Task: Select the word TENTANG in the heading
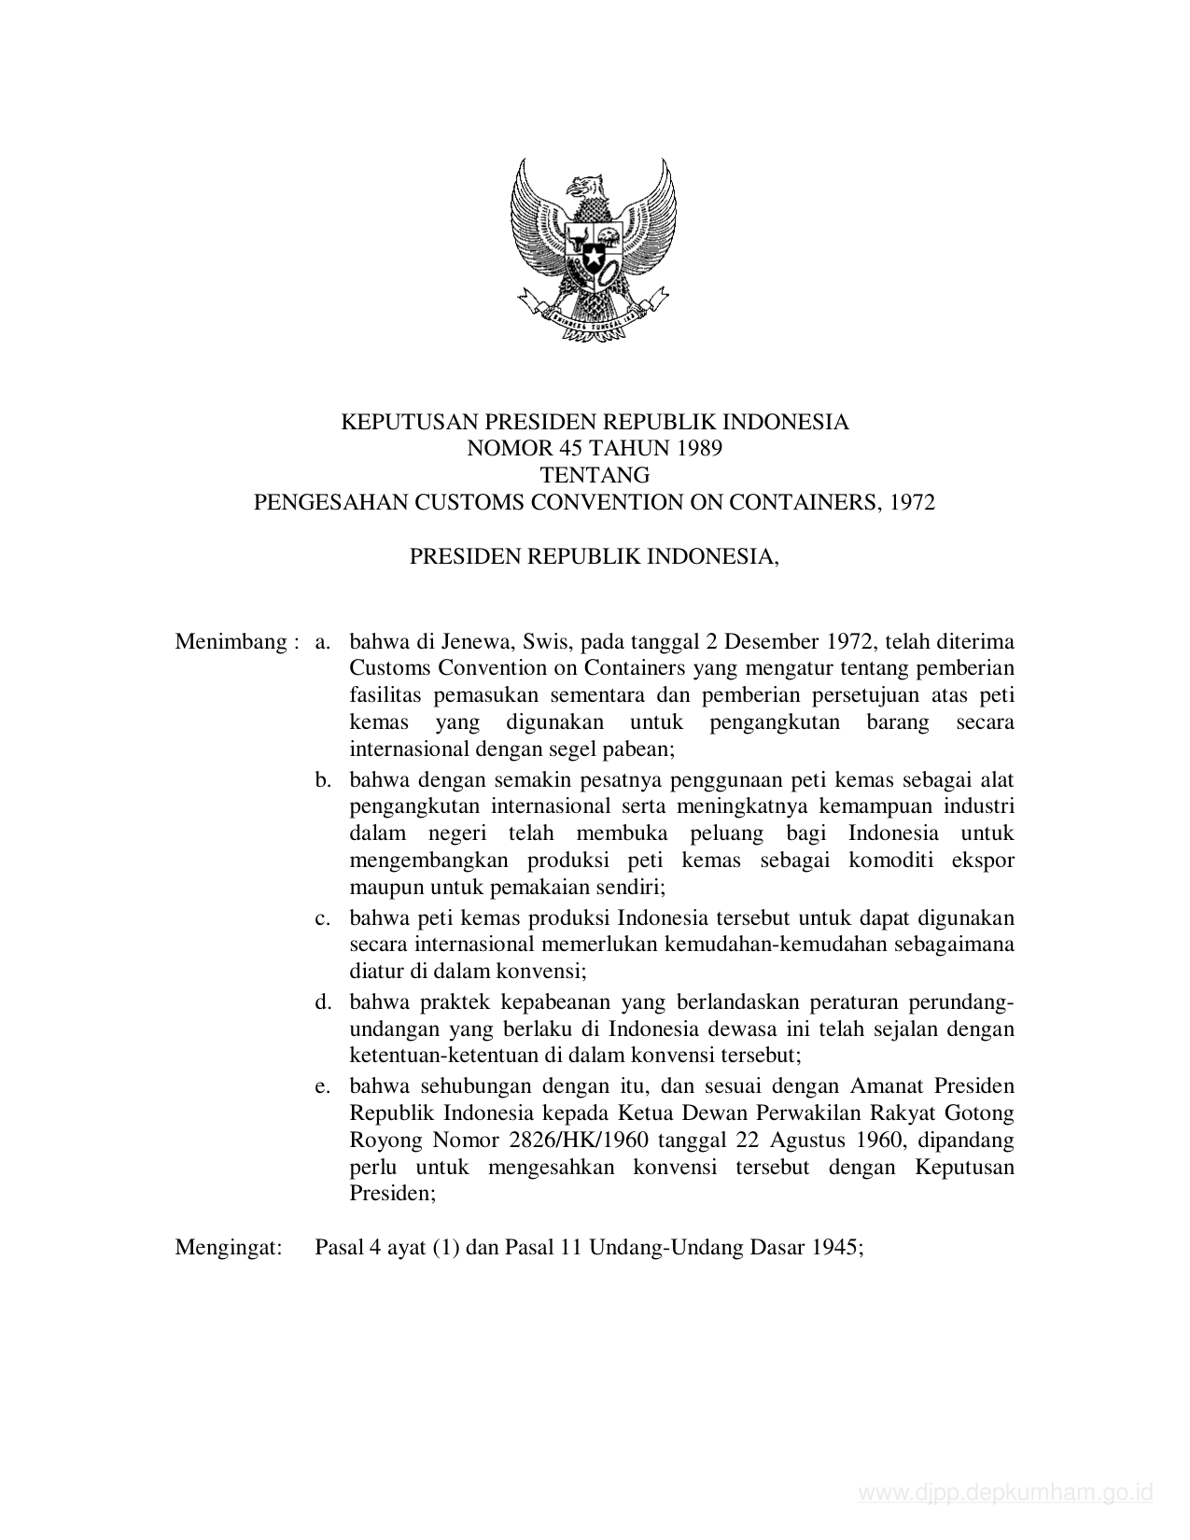click(x=595, y=475)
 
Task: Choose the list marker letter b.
click(x=323, y=779)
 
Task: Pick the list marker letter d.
click(x=323, y=1002)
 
